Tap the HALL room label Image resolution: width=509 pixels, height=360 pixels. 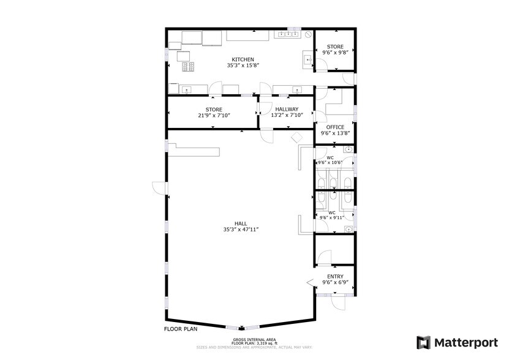pos(241,223)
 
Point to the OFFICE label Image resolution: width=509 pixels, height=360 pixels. pos(335,127)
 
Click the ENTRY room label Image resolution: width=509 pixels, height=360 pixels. pos(335,276)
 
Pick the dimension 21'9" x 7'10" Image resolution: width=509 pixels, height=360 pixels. pos(213,115)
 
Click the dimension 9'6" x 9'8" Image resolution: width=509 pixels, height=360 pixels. pos(335,53)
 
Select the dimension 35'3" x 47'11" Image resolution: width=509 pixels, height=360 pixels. pos(241,230)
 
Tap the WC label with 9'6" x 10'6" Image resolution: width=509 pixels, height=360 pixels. pos(330,158)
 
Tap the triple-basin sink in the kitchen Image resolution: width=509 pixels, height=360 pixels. pos(287,34)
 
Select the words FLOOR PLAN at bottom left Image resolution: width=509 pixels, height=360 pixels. pos(180,329)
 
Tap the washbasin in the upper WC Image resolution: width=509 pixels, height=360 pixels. pos(348,149)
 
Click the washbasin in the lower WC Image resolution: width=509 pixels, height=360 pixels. pos(348,230)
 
